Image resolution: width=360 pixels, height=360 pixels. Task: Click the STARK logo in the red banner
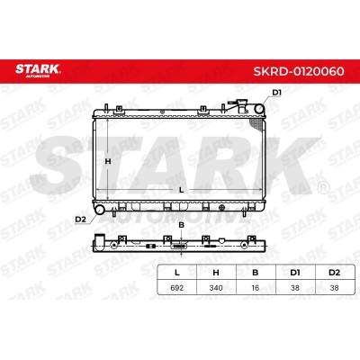[x=38, y=71]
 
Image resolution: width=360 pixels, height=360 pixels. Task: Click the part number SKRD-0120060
[x=299, y=72]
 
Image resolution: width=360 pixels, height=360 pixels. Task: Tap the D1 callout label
[x=276, y=93]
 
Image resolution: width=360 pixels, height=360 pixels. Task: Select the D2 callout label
[x=80, y=220]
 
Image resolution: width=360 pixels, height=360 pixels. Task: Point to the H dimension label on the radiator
[x=108, y=161]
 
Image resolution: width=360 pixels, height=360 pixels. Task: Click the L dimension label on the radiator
[x=181, y=190]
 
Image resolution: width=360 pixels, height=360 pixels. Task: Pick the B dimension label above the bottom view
[x=181, y=225]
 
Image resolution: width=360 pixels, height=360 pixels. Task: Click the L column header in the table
[x=177, y=273]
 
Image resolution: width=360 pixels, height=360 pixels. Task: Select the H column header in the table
[x=216, y=273]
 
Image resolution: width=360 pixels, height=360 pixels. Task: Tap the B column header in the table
[x=256, y=273]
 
